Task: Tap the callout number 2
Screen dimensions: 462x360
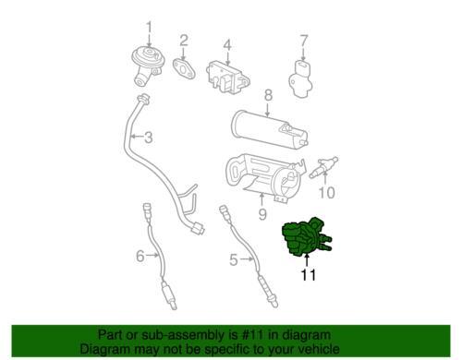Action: [x=184, y=41]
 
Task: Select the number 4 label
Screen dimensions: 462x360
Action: [x=227, y=45]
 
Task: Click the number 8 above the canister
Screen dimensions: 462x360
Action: [x=268, y=95]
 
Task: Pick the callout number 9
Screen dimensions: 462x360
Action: [x=262, y=214]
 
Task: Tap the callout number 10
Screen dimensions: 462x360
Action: [x=326, y=193]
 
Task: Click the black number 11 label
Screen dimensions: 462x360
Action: [x=309, y=275]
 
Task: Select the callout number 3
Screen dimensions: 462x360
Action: [x=149, y=138]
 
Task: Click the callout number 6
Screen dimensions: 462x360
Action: [x=140, y=256]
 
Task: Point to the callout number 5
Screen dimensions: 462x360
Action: [x=234, y=260]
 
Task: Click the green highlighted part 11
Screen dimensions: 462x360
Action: [x=305, y=237]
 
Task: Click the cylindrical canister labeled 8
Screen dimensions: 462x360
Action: [x=269, y=129]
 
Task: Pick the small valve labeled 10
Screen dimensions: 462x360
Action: [x=324, y=167]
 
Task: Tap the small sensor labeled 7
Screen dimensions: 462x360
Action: [x=300, y=78]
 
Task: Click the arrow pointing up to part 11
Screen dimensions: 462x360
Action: [x=307, y=259]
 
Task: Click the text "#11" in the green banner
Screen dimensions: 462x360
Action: [x=252, y=335]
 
